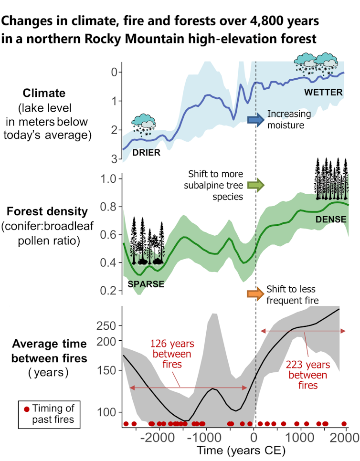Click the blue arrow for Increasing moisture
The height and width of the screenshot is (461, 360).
255,119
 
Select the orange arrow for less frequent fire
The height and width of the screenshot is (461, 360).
255,293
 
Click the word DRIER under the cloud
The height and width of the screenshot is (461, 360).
147,153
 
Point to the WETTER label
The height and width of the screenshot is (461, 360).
323,92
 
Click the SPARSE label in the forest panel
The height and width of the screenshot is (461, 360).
146,284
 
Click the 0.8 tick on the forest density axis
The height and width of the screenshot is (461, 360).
109,207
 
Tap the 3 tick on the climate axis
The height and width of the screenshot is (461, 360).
114,158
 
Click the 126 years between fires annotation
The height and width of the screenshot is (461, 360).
171,355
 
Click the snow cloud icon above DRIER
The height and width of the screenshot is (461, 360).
144,124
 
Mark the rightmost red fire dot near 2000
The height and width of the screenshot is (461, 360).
344,424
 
